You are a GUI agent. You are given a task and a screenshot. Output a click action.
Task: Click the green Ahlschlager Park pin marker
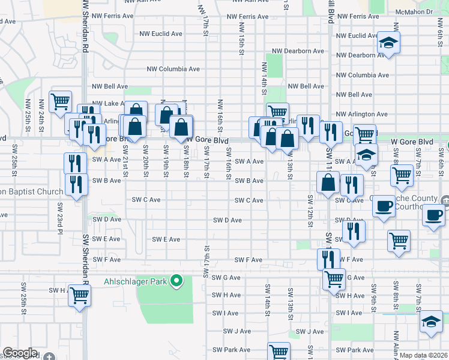(x=176, y=280)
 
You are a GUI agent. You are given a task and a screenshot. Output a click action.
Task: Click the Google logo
(x=20, y=353)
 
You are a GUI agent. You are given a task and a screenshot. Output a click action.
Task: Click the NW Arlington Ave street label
(x=361, y=114)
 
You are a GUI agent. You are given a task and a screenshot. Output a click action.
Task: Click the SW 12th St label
(x=310, y=210)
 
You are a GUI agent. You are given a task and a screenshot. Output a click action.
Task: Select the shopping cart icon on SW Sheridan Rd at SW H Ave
(x=79, y=295)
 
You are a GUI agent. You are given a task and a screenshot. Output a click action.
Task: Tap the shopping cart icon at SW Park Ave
(x=279, y=351)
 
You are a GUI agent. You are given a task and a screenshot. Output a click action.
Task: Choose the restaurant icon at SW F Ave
(x=328, y=258)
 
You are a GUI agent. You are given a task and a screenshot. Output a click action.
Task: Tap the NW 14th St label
(x=264, y=78)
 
